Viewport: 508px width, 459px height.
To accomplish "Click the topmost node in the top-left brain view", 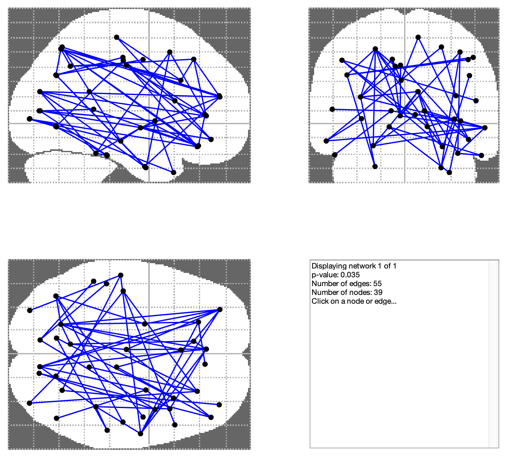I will click(116, 37).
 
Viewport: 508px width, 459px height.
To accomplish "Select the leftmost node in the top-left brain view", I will click(30, 119).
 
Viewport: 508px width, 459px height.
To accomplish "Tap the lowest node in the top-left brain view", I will click(173, 172).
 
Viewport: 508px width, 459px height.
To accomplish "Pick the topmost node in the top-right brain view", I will click(418, 37).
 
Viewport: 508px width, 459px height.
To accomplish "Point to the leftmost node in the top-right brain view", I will click(326, 141).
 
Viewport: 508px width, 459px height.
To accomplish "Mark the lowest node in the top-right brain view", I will click(449, 172).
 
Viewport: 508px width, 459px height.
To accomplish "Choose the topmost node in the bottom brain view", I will click(121, 275).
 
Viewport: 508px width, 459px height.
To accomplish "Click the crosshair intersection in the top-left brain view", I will click(149, 124).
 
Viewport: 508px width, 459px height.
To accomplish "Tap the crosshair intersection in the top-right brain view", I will click(404, 124).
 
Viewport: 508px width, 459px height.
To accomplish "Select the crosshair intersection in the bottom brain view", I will click(149, 354).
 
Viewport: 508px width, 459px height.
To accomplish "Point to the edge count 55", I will click(377, 284).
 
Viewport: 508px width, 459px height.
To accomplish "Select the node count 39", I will click(378, 292).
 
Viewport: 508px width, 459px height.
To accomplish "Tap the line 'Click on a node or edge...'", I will click(354, 301).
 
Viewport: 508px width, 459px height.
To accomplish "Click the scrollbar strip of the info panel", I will click(493, 354).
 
